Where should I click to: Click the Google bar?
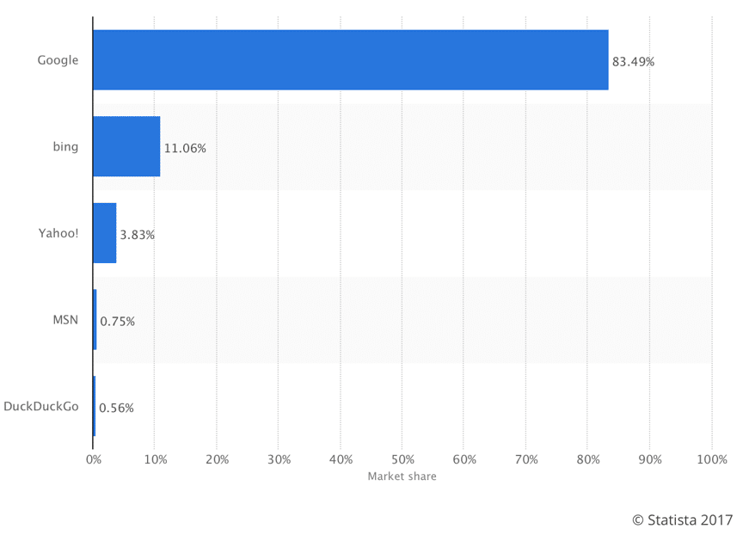tap(350, 60)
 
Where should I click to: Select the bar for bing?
tap(126, 147)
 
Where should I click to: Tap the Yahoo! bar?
tap(104, 233)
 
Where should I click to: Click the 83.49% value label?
tap(633, 62)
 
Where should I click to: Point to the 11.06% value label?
tap(185, 148)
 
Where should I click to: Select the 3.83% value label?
tap(138, 234)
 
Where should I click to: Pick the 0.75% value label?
tap(117, 321)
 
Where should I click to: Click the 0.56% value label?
tap(116, 408)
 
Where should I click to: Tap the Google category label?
tap(58, 60)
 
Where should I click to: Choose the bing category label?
tap(65, 147)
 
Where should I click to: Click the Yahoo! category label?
tap(58, 233)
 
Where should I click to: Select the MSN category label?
tap(65, 320)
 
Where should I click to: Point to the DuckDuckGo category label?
tap(41, 406)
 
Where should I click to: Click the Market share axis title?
tap(402, 477)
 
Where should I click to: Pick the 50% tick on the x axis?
tap(402, 460)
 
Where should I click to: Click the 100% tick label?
tap(711, 460)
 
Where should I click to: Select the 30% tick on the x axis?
tap(279, 460)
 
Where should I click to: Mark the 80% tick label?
tap(588, 460)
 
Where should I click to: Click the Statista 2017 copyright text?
tap(682, 520)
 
